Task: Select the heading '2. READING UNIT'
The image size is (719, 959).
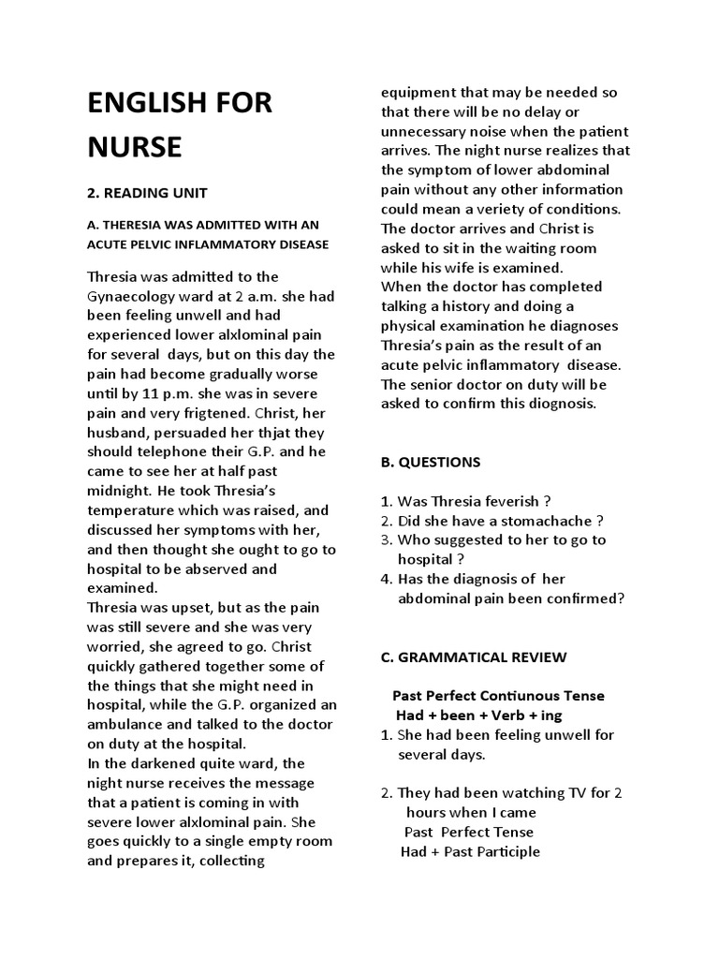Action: click(147, 193)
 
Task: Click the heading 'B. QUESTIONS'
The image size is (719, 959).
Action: click(431, 462)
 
